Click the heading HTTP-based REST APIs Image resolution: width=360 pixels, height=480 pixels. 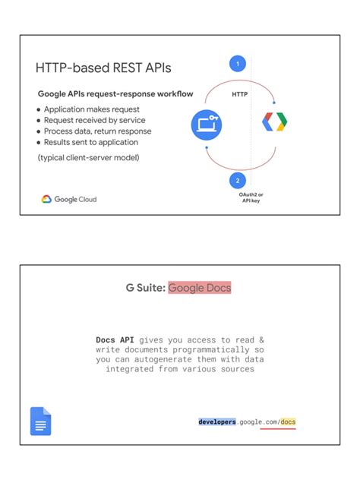point(103,68)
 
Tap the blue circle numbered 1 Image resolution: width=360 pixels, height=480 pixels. point(238,64)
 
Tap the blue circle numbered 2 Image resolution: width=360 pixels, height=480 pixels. point(238,181)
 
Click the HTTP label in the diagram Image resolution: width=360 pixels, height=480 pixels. point(240,95)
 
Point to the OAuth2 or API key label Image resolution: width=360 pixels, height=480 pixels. point(251,197)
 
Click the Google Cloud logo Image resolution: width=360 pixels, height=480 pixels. point(69,200)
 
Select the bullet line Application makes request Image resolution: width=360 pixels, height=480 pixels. point(91,109)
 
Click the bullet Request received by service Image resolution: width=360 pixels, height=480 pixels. point(94,120)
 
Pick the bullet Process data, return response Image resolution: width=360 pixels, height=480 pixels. point(97,131)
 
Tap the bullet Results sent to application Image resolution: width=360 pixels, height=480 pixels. point(91,142)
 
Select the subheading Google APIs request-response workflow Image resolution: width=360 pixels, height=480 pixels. point(115,94)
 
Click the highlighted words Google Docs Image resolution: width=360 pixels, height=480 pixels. point(200,288)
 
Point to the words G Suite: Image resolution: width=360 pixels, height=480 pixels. point(145,288)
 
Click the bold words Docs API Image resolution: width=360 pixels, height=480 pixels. point(115,339)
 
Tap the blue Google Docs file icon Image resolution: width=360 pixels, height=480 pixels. point(40,421)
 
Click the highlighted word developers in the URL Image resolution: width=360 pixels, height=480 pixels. point(217,421)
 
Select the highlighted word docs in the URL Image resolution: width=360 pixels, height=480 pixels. point(288,421)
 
